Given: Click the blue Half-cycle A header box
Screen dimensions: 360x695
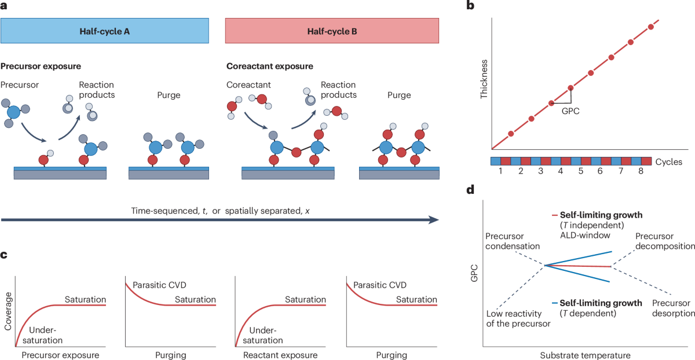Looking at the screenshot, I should pyautogui.click(x=104, y=31).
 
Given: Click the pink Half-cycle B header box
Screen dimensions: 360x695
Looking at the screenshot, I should pyautogui.click(x=332, y=31).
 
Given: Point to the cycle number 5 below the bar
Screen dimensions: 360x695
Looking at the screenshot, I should pyautogui.click(x=580, y=172).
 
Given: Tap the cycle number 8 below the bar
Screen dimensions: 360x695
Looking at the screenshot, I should pyautogui.click(x=640, y=172).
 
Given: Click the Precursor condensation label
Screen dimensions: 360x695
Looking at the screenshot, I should pyautogui.click(x=513, y=241).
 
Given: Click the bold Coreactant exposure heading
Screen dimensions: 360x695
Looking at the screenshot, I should pyautogui.click(x=261, y=66).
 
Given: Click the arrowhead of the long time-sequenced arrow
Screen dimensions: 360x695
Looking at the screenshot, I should pyautogui.click(x=433, y=220).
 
